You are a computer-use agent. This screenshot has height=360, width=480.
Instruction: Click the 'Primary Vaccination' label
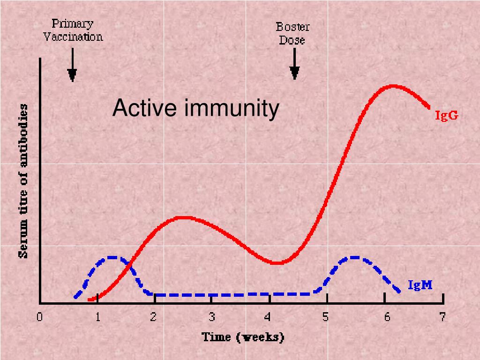73,30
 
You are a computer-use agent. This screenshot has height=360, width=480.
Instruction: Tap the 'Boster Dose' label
292,33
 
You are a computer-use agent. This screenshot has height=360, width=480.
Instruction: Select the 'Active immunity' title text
195,108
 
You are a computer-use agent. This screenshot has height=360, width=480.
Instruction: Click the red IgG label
446,115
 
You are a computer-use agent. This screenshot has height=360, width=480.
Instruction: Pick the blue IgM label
420,285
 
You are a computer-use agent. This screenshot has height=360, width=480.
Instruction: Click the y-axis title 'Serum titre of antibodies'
23,181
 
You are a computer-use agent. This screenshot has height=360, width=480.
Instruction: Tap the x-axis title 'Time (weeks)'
243,337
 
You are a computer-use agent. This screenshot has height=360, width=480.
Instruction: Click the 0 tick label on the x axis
40,317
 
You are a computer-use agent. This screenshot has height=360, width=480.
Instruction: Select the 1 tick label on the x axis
97,317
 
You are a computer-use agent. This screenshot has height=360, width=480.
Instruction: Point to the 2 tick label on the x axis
153,317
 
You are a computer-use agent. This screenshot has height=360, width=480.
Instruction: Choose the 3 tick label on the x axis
212,317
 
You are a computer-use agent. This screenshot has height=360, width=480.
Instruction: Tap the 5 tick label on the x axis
326,317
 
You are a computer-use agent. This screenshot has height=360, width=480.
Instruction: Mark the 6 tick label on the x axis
387,317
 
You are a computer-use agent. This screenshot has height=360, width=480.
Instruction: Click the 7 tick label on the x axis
442,317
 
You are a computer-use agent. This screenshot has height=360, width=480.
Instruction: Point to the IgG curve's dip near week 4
277,262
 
